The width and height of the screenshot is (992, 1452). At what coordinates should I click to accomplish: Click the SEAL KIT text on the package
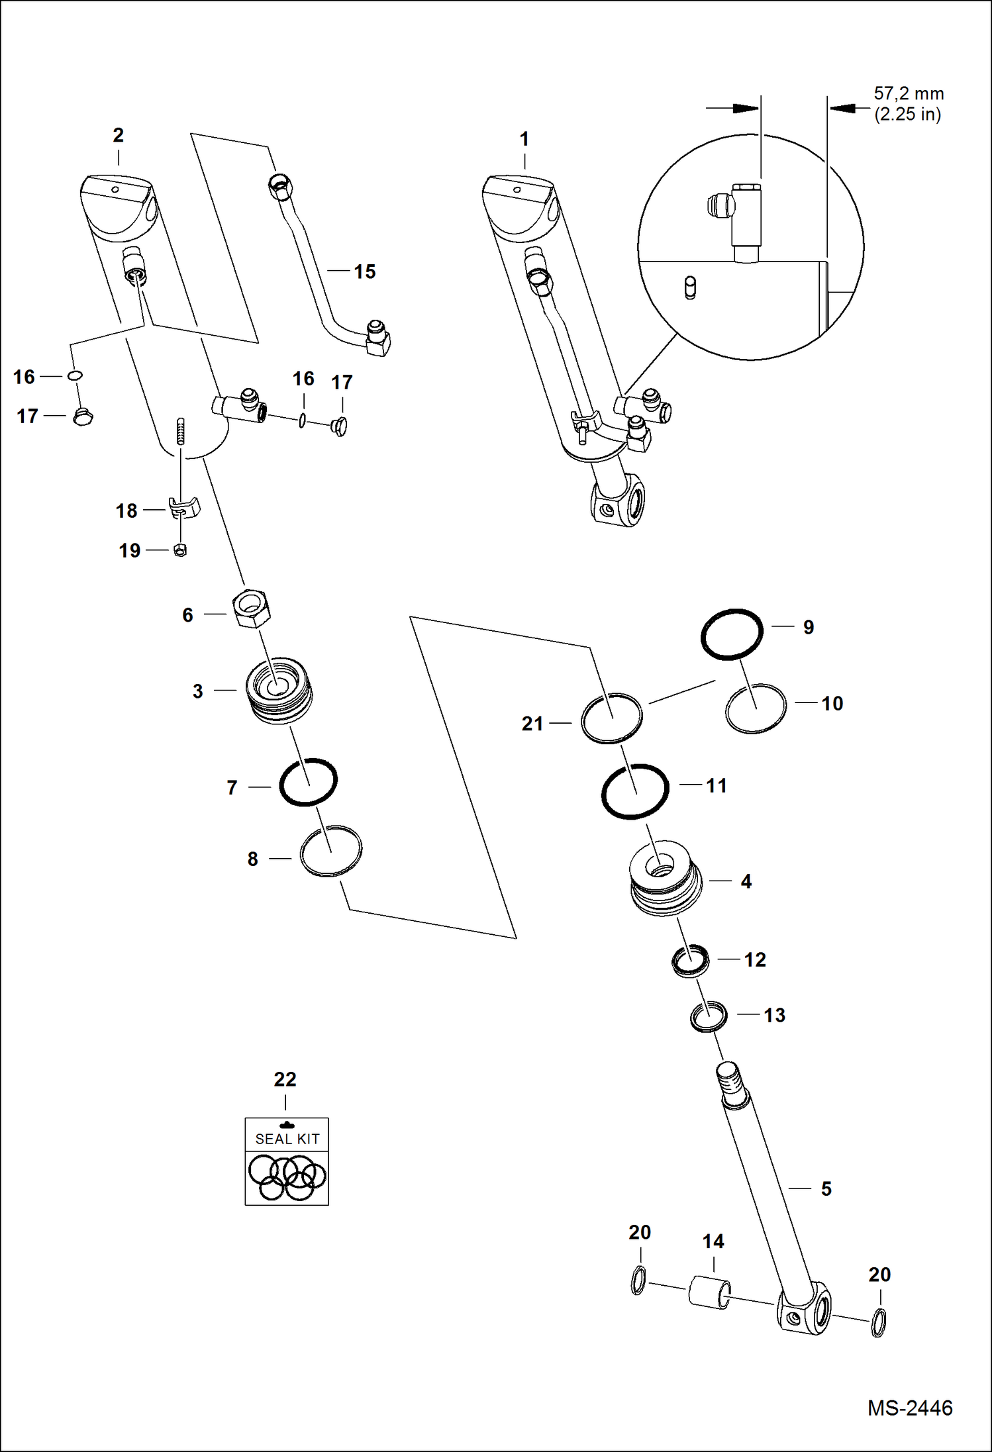tap(287, 1139)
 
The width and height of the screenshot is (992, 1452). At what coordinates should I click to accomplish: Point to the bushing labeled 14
tap(709, 1292)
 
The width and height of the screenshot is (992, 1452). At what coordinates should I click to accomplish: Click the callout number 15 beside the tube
tap(364, 271)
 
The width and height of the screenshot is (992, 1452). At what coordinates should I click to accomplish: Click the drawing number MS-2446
tap(910, 1408)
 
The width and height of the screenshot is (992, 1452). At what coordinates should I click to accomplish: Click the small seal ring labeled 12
tap(690, 961)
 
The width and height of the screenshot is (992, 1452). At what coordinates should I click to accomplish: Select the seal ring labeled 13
tap(709, 1017)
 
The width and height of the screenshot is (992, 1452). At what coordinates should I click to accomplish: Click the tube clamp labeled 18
tap(184, 508)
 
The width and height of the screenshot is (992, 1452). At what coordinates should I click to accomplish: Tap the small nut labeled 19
tap(179, 550)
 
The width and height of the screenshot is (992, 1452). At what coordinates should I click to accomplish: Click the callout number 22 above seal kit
tap(285, 1079)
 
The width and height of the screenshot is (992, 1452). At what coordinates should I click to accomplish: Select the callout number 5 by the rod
tap(826, 1188)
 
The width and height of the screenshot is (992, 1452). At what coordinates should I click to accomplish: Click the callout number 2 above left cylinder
tap(118, 135)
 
